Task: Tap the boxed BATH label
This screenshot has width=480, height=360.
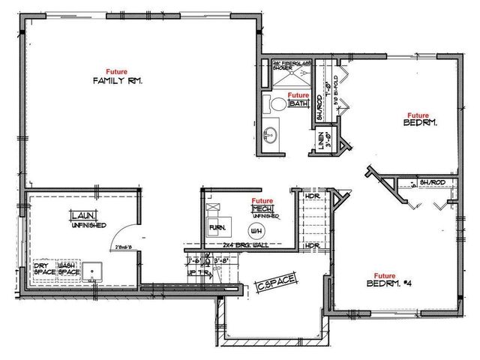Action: pos(300,104)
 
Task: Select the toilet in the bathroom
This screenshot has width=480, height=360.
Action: pos(276,104)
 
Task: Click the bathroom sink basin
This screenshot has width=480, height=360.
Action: pos(268,136)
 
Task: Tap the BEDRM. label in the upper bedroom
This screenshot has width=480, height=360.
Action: pos(419,122)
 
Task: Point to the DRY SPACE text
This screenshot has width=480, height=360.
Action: pos(43,268)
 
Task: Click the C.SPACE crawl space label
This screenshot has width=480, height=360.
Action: pos(277,283)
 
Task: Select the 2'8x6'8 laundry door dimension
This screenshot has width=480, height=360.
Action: pos(123,245)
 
